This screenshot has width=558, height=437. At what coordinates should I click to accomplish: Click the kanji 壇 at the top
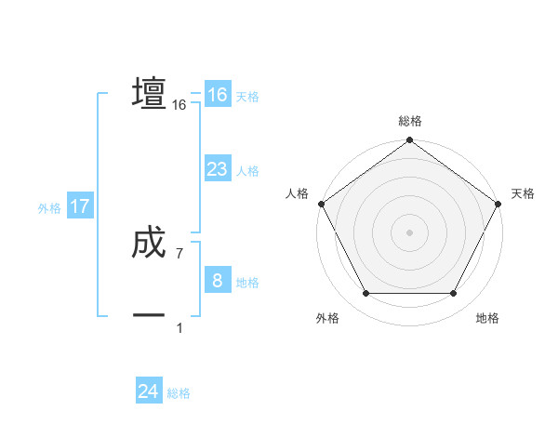149,93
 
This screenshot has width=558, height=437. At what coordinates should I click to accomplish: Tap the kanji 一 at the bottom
149,315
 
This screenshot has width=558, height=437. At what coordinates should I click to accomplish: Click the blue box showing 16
217,95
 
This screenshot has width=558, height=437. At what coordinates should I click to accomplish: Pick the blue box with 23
217,169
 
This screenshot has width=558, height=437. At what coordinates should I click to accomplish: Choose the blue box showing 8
217,281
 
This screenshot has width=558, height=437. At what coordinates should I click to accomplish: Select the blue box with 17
80,206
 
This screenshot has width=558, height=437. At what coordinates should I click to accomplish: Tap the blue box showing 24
148,391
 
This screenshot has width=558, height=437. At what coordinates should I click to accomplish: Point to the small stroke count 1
179,327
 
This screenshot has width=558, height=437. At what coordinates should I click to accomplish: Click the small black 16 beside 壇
179,106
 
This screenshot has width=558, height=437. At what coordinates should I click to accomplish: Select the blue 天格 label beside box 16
247,97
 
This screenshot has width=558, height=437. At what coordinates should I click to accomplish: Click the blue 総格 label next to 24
179,393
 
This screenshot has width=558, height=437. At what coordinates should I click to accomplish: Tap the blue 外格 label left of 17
49,208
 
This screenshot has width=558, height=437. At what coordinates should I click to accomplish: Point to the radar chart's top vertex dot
409,141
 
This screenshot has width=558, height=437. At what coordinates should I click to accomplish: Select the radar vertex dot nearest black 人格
322,204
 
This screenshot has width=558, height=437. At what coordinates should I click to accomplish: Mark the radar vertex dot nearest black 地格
454,294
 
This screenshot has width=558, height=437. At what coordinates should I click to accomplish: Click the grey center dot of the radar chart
409,232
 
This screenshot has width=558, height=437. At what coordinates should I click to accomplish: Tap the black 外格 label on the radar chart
327,318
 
